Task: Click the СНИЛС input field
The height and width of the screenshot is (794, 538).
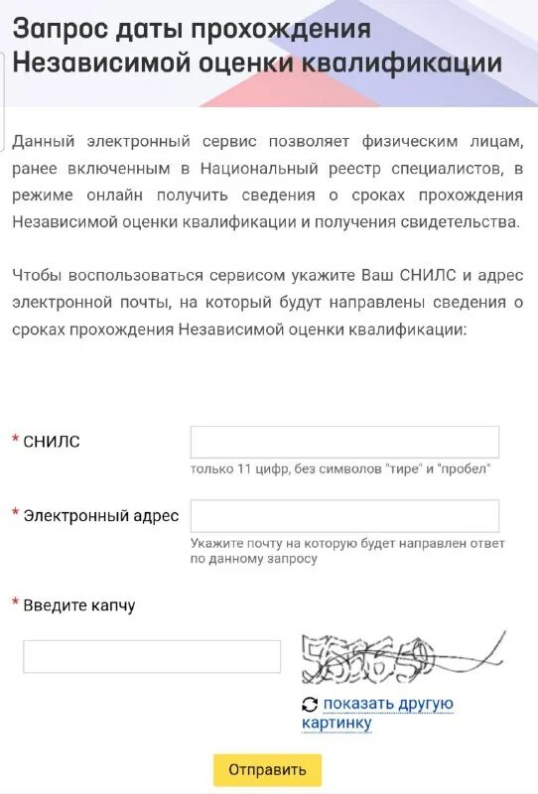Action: point(344,442)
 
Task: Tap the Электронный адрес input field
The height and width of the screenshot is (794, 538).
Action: point(344,516)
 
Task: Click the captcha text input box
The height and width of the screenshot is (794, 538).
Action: point(152,657)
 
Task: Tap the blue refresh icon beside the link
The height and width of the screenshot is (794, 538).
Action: point(310,705)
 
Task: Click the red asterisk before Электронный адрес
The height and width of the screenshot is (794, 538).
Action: point(15,513)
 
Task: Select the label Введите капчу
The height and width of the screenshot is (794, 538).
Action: point(79,605)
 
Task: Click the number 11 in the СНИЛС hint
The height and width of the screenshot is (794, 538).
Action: point(244,468)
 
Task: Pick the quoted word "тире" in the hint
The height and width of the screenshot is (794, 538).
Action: point(400,468)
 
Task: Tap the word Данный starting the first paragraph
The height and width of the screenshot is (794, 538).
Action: point(43,142)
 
